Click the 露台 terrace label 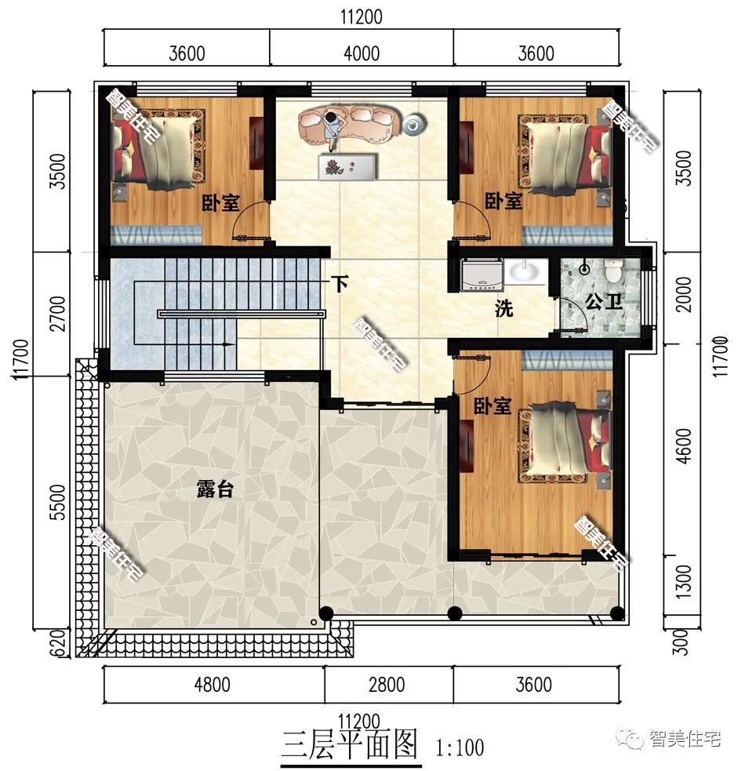click(214, 490)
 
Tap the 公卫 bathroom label click(603, 302)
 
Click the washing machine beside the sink click(478, 275)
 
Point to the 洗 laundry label click(503, 309)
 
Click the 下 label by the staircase click(339, 283)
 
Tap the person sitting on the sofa click(333, 127)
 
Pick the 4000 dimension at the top click(362, 53)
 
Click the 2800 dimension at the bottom click(387, 684)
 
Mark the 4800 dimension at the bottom click(213, 684)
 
